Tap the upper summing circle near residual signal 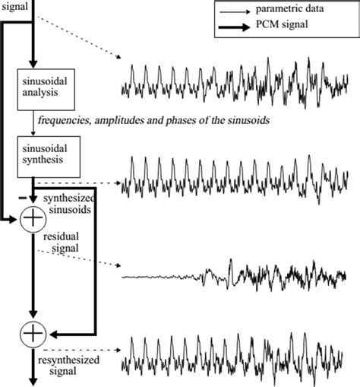click(33, 220)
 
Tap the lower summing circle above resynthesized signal click(33, 331)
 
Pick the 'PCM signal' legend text click(285, 29)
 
